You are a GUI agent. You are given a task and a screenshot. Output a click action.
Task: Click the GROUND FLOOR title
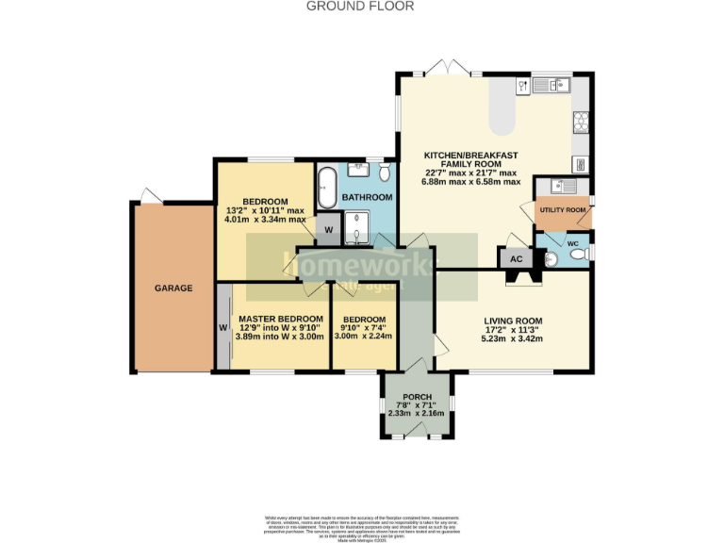(360, 6)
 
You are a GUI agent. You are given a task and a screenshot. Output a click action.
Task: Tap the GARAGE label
(173, 288)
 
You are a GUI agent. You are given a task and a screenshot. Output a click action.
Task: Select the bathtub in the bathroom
(327, 188)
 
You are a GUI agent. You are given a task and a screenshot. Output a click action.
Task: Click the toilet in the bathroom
(385, 173)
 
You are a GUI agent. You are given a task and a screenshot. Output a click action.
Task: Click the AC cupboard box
(516, 259)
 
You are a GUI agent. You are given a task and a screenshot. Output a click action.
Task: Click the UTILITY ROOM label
(563, 209)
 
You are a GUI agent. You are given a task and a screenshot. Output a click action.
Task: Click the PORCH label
(417, 397)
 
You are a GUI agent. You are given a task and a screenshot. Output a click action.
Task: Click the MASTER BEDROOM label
(280, 319)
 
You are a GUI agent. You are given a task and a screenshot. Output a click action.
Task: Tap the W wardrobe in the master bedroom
(223, 327)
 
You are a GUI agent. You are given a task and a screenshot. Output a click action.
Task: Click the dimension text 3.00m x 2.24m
(364, 336)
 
